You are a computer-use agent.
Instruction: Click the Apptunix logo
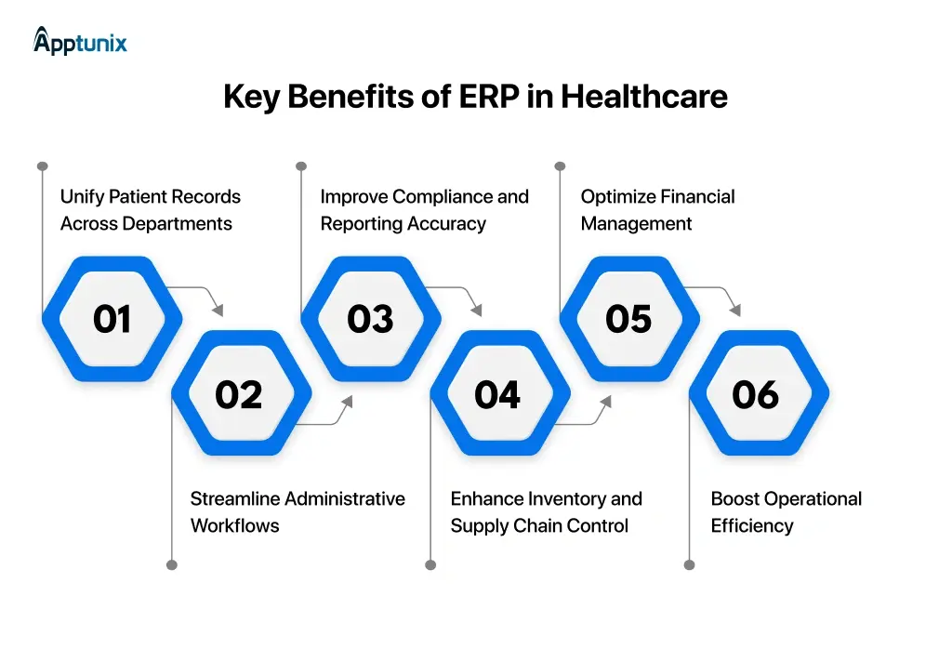tap(80, 41)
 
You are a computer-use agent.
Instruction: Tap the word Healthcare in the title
tap(643, 97)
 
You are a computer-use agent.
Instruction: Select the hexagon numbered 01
tap(112, 319)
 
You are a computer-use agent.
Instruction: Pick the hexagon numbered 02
tap(240, 394)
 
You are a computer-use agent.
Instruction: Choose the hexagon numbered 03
tap(370, 319)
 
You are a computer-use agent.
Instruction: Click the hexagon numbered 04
tap(498, 394)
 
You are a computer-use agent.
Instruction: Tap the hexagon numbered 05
tap(628, 319)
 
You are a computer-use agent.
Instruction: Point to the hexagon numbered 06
tap(757, 394)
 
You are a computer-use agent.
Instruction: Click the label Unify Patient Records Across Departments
tap(150, 210)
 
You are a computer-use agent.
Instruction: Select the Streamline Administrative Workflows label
tap(297, 512)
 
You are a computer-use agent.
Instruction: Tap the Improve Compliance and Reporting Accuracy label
tap(424, 210)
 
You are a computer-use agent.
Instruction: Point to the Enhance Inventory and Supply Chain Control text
tap(546, 512)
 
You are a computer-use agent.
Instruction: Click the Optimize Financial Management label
tap(657, 210)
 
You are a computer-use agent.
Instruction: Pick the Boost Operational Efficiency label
tap(786, 512)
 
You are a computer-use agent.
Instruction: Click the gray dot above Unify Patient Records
tap(42, 166)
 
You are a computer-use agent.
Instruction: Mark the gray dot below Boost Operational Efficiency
tap(689, 564)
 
